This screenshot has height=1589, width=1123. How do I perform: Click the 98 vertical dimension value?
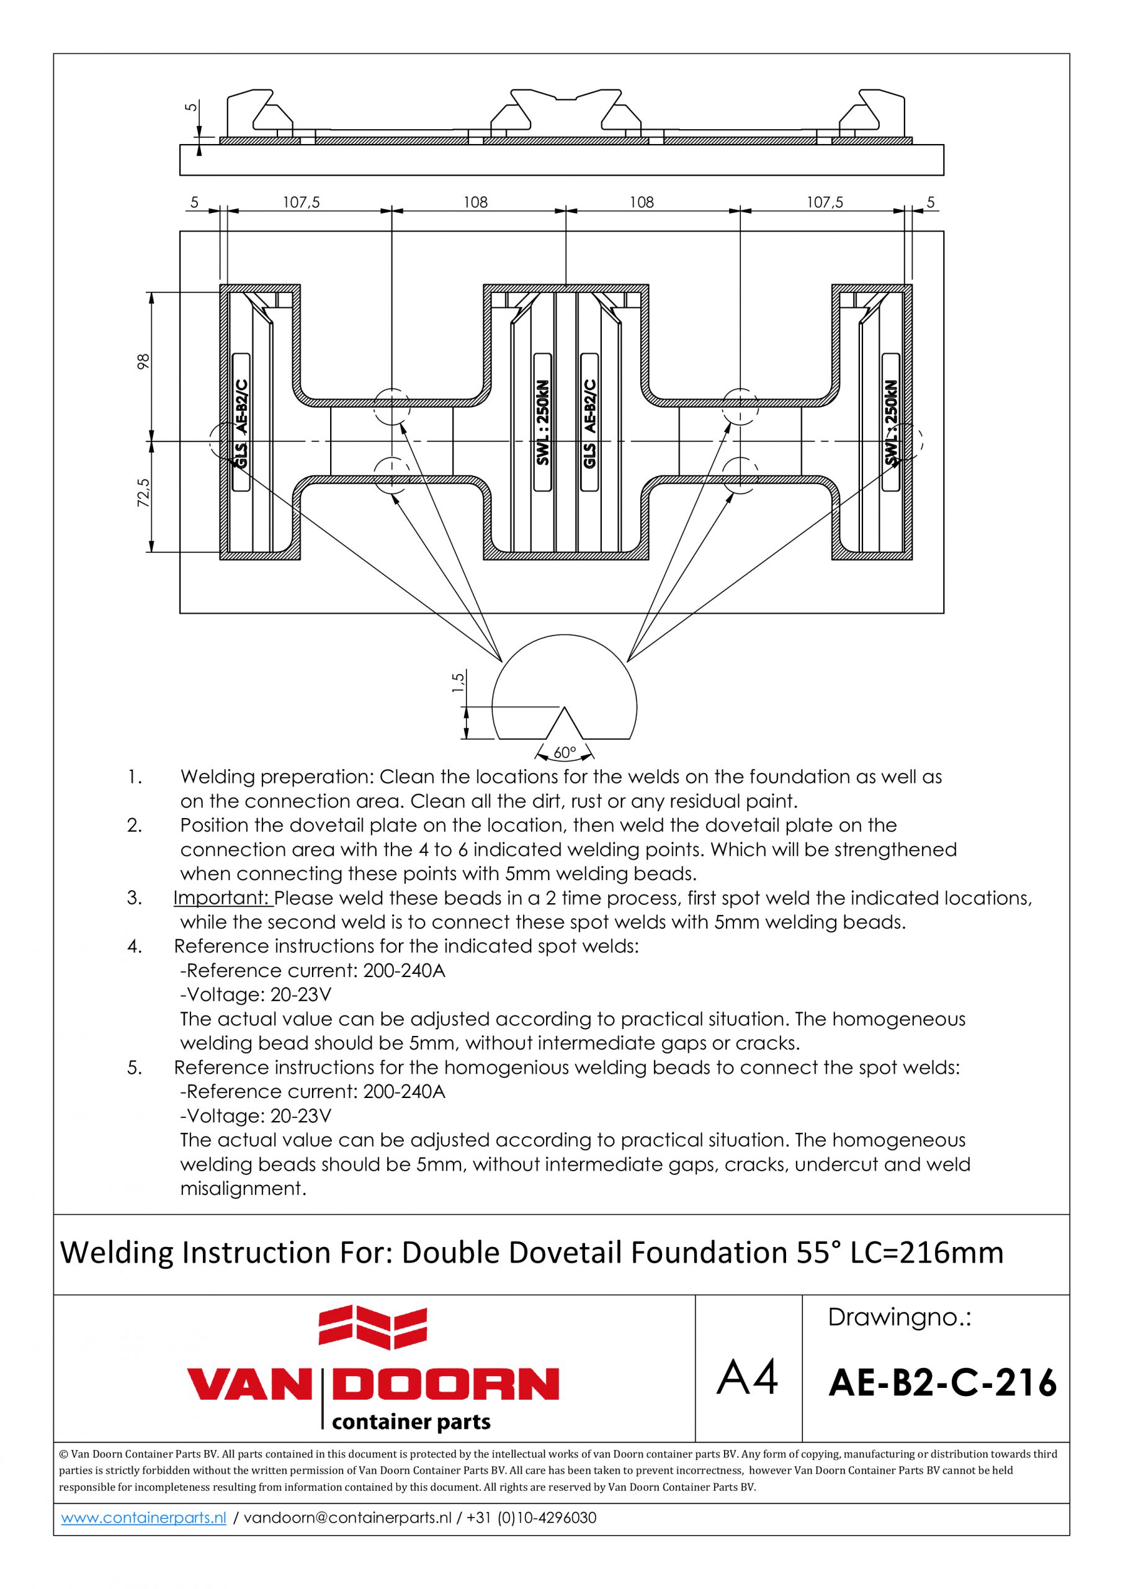point(144,361)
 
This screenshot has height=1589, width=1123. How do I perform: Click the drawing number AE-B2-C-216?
point(942,1383)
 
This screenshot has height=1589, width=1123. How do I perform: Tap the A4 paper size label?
point(747,1377)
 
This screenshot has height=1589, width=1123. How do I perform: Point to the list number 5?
point(134,1068)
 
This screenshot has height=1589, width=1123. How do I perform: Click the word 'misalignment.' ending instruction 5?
point(243,1189)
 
